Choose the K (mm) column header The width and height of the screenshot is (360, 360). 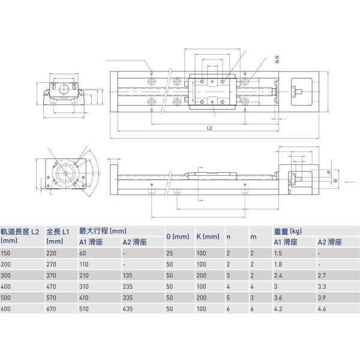click(208, 236)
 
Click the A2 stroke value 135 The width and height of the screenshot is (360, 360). click(128, 276)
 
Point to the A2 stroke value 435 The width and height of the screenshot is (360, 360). click(128, 310)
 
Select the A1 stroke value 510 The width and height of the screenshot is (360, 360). click(86, 310)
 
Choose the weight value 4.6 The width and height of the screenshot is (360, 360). click(323, 310)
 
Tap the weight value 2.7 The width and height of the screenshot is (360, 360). click(323, 276)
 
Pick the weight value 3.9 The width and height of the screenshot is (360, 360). click(323, 298)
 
